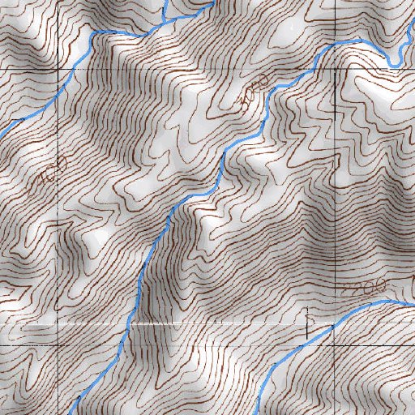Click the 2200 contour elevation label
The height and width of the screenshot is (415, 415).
pos(361,289)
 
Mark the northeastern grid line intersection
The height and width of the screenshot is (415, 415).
pos(335,71)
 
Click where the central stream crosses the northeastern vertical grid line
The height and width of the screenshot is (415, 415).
pos(335,45)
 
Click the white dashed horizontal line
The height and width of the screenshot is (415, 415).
pos(203,324)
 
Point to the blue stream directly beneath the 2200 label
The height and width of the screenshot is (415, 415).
pos(365,305)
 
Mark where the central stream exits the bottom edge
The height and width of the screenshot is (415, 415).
pos(71,412)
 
